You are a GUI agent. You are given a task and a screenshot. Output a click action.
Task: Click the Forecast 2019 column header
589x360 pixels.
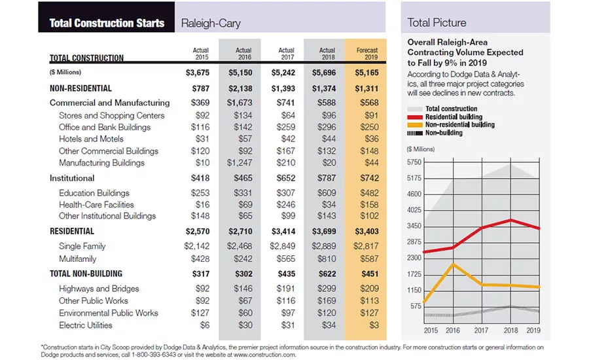pos(367,54)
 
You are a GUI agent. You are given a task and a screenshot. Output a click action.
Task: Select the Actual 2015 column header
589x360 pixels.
pos(201,54)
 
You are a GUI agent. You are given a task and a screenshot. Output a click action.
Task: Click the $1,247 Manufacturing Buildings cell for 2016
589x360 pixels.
pos(240,163)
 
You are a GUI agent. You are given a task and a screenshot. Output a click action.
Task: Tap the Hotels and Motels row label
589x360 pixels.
pos(91,139)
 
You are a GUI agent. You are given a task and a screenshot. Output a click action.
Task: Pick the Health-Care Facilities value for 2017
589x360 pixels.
pos(286,204)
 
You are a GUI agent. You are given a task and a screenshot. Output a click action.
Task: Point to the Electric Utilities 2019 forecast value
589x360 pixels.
pos(374,325)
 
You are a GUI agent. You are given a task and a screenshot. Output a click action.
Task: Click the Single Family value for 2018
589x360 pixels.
pos(324,246)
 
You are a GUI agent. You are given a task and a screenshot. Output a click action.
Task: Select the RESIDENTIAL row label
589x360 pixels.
pos(72,231)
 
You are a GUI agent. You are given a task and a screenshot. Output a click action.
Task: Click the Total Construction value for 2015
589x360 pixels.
pos(198,73)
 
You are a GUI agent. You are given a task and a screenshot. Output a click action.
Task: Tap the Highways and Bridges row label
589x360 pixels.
pos(99,289)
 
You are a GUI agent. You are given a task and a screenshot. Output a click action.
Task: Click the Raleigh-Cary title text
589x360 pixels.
pos(211,24)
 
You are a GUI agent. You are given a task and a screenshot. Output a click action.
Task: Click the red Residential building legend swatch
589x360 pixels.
pos(415,117)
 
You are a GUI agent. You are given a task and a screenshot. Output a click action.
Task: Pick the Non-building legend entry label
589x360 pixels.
pos(444,133)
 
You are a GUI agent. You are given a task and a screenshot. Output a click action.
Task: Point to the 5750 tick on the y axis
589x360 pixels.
pos(414,162)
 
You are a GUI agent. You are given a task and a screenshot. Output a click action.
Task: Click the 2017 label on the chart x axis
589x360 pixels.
pos(481,331)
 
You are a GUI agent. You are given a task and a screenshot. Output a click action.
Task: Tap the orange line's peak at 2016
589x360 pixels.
pos(453,264)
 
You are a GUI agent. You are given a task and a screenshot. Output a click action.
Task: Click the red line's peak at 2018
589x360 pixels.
pos(510,220)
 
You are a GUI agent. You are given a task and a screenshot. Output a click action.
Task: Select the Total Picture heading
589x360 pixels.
pos(437,22)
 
